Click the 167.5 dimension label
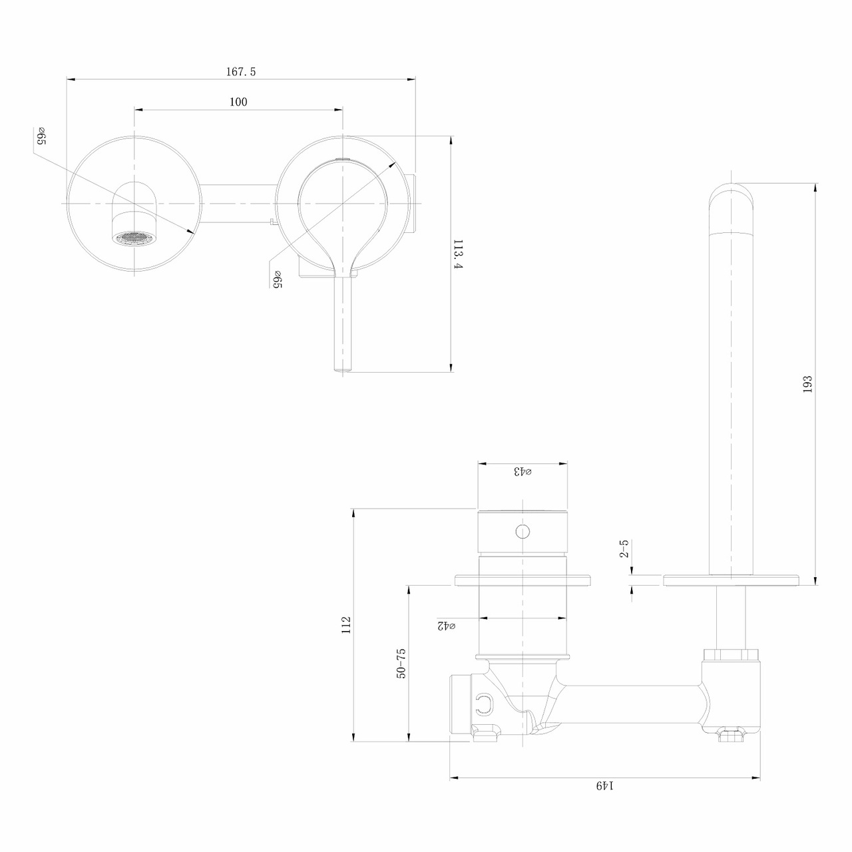point(240,72)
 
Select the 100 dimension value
point(238,102)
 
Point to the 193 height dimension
point(807,384)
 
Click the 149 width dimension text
point(604,785)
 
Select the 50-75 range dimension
point(401,663)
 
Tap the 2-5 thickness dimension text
point(624,549)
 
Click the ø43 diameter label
point(523,471)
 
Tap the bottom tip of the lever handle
point(342,367)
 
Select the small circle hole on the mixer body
point(523,531)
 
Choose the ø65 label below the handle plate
point(277,280)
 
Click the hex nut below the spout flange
point(732,654)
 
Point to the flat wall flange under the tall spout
point(732,580)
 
